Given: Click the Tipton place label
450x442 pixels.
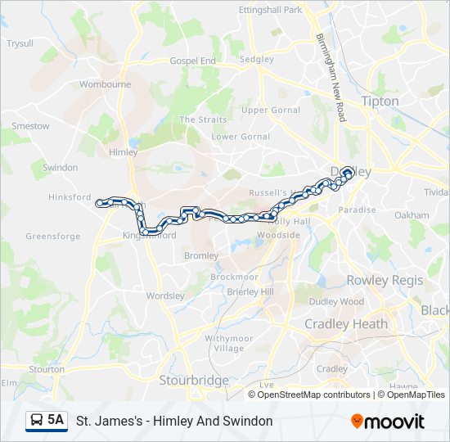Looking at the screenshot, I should click(380, 101).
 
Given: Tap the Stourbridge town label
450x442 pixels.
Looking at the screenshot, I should click(194, 380).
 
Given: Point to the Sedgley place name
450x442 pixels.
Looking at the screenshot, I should click(257, 60).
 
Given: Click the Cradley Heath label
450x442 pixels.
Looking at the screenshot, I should click(346, 324).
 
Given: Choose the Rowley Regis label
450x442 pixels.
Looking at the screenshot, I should click(385, 280).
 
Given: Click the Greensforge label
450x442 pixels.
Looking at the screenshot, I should click(53, 237).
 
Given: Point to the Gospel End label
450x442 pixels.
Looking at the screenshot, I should click(192, 61).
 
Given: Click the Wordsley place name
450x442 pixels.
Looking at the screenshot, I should click(165, 295).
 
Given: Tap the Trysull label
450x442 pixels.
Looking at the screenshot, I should click(20, 43).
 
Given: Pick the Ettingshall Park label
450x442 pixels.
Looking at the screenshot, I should click(270, 10).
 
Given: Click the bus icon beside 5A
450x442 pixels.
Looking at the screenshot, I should click(37, 421).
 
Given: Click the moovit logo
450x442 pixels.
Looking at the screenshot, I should click(388, 422).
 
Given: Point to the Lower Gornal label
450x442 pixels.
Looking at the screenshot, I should click(241, 137).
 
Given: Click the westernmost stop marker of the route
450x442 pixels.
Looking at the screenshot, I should click(100, 202).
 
